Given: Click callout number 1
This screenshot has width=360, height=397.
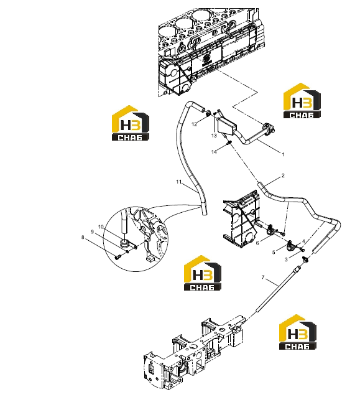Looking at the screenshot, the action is point(283,154).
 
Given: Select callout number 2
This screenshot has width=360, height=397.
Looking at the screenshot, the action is point(283,175).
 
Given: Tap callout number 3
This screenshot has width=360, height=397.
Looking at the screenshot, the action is point(286,259).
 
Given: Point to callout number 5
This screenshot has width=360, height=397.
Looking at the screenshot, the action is point(274,253).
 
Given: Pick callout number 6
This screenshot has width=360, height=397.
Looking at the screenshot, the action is point(257,243).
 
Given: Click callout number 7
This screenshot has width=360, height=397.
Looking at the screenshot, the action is point(263,278).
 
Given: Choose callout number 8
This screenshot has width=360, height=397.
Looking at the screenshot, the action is point(83,238).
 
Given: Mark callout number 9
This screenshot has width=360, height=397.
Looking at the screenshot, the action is point(93,232).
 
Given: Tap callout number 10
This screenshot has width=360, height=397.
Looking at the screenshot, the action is point(101,227).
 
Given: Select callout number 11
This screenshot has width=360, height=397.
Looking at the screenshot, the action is point(179,182).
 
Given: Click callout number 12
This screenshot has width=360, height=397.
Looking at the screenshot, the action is point(194,124).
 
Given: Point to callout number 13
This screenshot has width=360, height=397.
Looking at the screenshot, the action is point(214,136).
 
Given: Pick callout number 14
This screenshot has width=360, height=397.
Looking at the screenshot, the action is point(214,152).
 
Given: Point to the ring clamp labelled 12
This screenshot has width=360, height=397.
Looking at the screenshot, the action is point(208,113).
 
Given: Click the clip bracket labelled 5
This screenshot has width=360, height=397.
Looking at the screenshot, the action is point(290,246).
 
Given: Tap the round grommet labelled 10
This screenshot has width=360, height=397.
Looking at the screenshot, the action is point(124,243).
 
